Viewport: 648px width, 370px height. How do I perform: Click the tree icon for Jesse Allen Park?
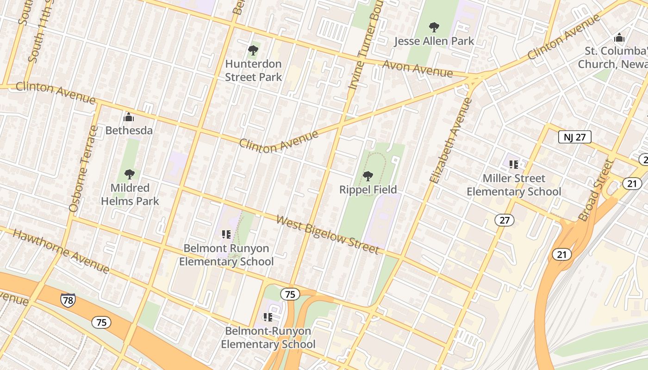coord(434,27)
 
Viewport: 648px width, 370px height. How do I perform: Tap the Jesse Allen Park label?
coord(434,41)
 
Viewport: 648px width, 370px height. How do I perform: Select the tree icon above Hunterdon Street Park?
coord(253,50)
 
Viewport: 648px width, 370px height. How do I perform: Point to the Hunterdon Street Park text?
coord(253,70)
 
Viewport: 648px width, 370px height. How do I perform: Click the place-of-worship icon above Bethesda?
coord(129,117)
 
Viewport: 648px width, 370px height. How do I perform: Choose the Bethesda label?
coord(129,130)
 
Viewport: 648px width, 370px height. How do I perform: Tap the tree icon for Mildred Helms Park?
coord(130,174)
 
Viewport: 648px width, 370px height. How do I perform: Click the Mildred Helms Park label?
coord(130,194)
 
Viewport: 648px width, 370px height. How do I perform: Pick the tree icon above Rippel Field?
coord(368,176)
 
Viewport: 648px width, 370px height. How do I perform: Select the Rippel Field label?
coord(368,190)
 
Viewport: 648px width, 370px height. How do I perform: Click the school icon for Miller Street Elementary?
coord(513,164)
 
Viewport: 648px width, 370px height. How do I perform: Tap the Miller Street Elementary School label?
coord(513,185)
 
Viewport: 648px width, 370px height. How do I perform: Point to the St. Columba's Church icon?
coord(619,37)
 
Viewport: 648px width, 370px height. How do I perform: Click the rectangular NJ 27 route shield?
coord(574,137)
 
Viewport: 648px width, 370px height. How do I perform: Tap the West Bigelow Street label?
coord(328,235)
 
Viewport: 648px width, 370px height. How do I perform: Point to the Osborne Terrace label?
coord(83,169)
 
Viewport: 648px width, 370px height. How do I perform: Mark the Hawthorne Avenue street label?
coord(61,251)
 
